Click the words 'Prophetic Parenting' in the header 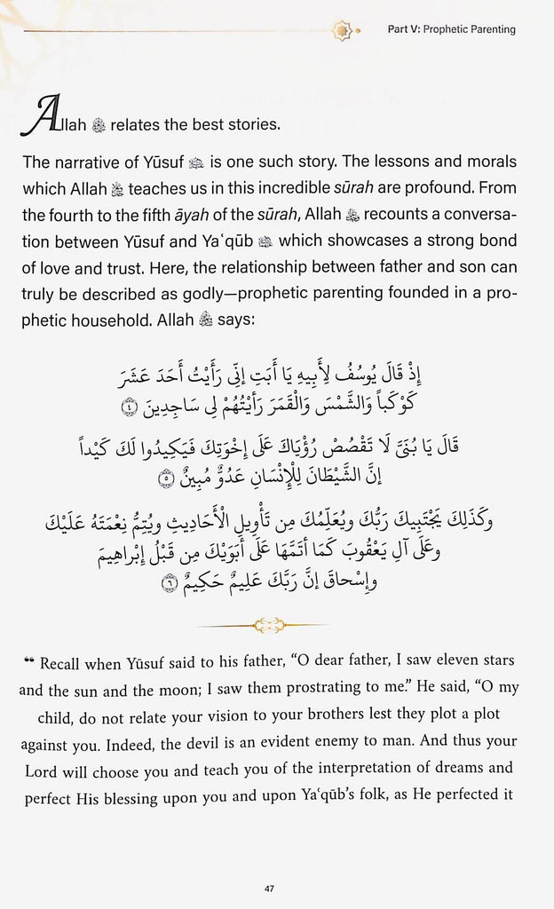(x=470, y=29)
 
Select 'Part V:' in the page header (x=404, y=29)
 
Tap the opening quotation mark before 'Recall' (x=29, y=662)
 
